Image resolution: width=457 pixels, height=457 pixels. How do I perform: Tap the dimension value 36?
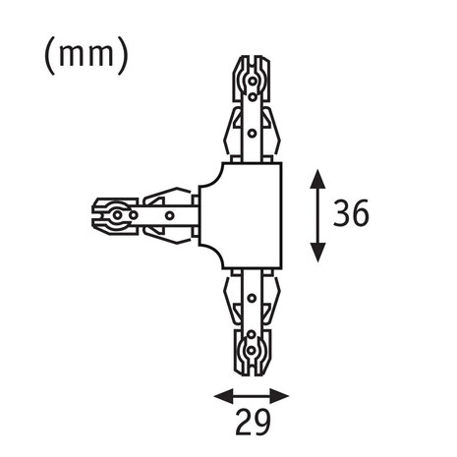pyautogui.click(x=351, y=213)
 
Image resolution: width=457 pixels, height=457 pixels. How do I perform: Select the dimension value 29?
pyautogui.click(x=253, y=422)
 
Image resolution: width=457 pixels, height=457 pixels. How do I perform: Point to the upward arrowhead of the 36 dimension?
pyautogui.click(x=317, y=179)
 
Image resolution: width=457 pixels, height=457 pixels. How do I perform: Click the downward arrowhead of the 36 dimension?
pyautogui.click(x=317, y=253)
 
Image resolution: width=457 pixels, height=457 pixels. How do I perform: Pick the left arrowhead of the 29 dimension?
pyautogui.click(x=223, y=396)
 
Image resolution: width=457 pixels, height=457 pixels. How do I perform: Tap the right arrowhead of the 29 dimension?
pyautogui.click(x=279, y=396)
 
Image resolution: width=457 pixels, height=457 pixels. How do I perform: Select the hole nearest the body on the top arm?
pyautogui.click(x=252, y=134)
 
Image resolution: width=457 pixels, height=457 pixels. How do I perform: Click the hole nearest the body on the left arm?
pyautogui.click(x=169, y=215)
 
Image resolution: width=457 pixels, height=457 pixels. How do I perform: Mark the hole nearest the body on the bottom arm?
pyautogui.click(x=252, y=298)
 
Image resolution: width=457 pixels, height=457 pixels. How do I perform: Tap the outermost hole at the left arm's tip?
pyautogui.click(x=117, y=215)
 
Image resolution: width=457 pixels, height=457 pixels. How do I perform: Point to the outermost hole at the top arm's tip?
pyautogui.click(x=253, y=81)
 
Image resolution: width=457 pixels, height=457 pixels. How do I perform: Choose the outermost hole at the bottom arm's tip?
pyautogui.click(x=251, y=351)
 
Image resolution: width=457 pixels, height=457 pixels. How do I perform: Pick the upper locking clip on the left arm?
pyautogui.click(x=167, y=197)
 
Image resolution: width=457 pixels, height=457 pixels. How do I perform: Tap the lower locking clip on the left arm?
pyautogui.click(x=167, y=234)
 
